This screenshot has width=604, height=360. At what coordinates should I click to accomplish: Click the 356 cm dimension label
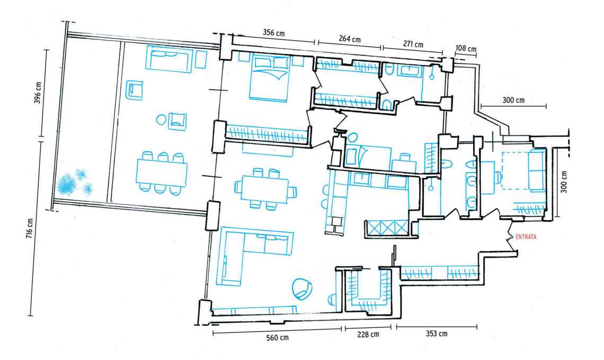click(x=274, y=33)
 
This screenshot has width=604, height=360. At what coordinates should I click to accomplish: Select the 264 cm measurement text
click(x=350, y=39)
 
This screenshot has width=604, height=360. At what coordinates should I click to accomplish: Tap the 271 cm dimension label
click(x=413, y=44)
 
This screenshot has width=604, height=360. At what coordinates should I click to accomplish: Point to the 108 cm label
click(x=466, y=49)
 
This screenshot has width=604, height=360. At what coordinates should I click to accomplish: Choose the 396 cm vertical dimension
click(x=38, y=93)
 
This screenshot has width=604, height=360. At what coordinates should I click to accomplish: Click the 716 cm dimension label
click(x=30, y=228)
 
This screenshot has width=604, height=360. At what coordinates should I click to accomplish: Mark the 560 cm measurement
click(x=277, y=338)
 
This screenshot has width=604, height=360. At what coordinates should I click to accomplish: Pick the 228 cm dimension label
click(x=368, y=335)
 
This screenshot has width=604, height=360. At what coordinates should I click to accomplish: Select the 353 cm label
click(x=437, y=334)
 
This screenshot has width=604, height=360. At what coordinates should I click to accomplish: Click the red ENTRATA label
click(x=526, y=237)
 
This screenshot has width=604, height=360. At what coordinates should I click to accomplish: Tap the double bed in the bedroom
click(x=270, y=78)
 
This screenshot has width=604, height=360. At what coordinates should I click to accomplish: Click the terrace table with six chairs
click(x=162, y=173)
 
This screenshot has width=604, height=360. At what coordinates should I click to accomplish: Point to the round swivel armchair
click(x=302, y=289)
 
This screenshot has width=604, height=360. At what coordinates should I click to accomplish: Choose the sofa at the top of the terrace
click(x=169, y=59)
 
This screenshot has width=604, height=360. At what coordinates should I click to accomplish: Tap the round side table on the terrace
click(x=162, y=119)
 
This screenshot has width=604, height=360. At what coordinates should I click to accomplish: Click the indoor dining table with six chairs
click(x=265, y=188)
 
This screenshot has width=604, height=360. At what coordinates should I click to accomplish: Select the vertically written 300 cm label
click(x=564, y=182)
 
